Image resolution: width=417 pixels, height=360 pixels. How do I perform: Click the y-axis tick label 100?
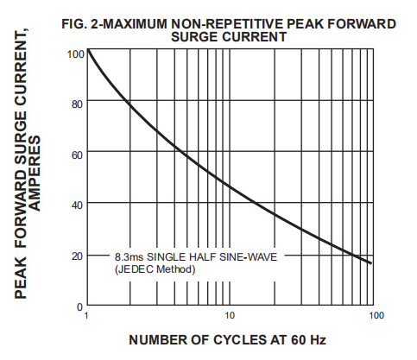pyautogui.click(x=75, y=54)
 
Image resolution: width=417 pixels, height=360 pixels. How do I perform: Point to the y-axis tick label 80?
pyautogui.click(x=77, y=104)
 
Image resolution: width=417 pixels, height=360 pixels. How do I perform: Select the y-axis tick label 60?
pyautogui.click(x=77, y=154)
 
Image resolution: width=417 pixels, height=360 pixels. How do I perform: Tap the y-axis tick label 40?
pyautogui.click(x=77, y=205)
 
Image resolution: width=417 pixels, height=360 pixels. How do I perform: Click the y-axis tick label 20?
pyautogui.click(x=77, y=256)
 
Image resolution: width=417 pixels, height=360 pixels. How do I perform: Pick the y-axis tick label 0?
pyautogui.click(x=79, y=306)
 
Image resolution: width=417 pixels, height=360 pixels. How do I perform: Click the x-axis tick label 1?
pyautogui.click(x=86, y=317)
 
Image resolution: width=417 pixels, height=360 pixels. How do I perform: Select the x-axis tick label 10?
pyautogui.click(x=231, y=317)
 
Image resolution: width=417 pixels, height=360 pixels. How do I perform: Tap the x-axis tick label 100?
pyautogui.click(x=375, y=317)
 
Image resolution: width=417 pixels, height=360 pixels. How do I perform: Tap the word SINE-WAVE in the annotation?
pyautogui.click(x=247, y=257)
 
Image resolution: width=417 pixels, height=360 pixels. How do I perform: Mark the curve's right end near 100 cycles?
pyautogui.click(x=373, y=263)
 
